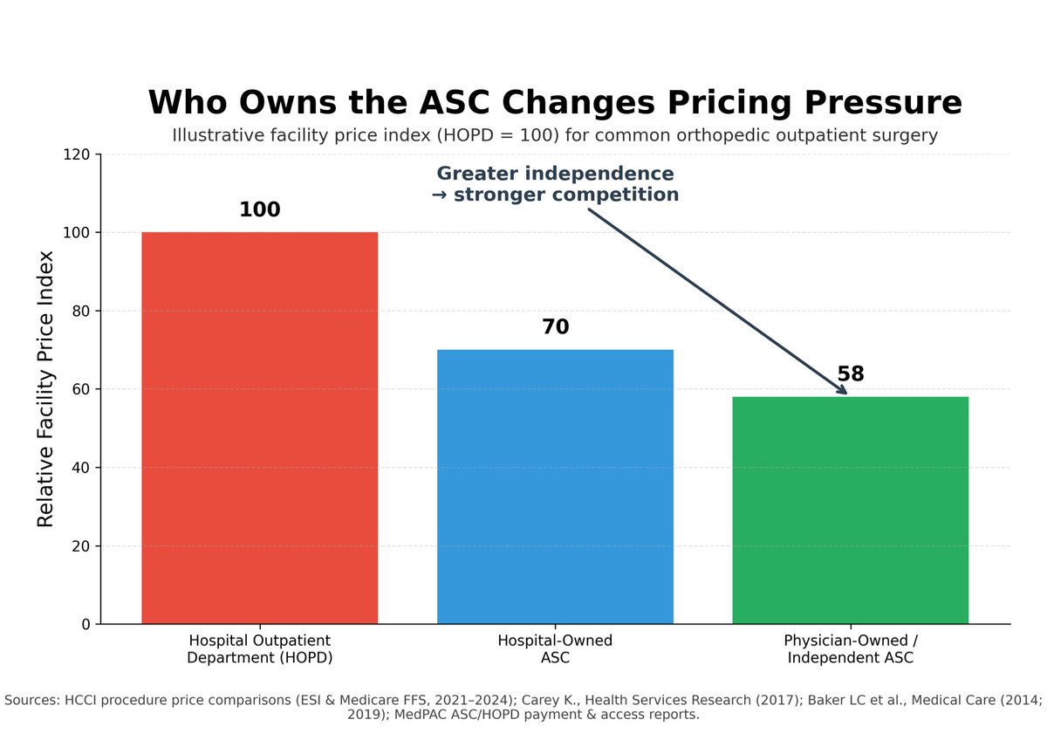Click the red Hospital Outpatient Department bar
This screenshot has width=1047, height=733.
(x=259, y=428)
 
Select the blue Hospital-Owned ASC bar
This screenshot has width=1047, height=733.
(x=555, y=486)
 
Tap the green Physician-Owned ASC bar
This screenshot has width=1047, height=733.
(x=850, y=510)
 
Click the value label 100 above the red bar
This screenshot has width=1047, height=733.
(x=259, y=210)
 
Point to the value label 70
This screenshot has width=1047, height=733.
(x=555, y=327)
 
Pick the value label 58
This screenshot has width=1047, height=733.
(x=850, y=374)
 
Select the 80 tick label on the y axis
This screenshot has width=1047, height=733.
(x=82, y=312)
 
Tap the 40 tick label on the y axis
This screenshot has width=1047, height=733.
(x=82, y=468)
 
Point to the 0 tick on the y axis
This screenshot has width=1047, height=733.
(x=86, y=625)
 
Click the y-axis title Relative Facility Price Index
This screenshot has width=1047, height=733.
(x=45, y=388)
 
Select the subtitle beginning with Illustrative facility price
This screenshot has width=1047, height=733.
(x=555, y=136)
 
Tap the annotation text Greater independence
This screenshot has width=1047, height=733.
(x=555, y=174)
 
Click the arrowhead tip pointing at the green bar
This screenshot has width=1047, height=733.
(x=846, y=394)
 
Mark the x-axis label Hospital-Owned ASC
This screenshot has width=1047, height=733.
(x=555, y=649)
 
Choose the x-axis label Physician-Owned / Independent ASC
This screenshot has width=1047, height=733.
(x=850, y=649)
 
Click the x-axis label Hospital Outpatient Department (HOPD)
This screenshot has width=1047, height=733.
(x=259, y=649)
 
